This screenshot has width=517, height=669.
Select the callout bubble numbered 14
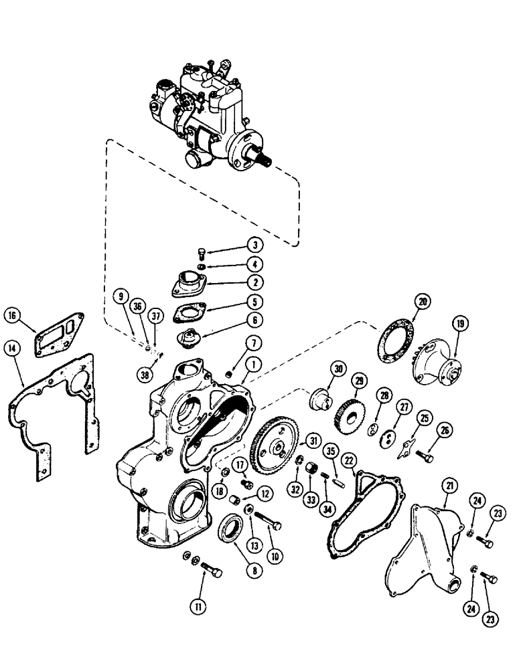point(11,347)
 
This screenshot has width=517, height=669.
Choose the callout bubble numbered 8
point(253,571)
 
